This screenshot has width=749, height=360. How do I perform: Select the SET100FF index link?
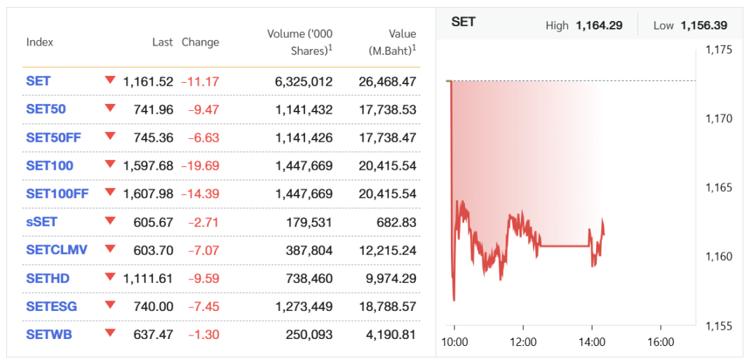[58, 194]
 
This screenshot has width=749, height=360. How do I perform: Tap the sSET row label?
[41, 222]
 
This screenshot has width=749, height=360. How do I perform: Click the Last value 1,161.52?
[148, 81]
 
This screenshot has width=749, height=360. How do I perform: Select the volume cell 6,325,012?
[303, 81]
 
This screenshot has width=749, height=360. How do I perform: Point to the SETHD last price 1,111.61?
[148, 279]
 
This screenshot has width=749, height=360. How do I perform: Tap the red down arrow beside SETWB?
[109, 333]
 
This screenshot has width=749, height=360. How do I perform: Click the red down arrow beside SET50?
[109, 108]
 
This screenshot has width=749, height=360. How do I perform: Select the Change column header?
[201, 42]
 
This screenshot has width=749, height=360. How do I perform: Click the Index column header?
[40, 42]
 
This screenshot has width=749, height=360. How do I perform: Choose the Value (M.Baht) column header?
[392, 42]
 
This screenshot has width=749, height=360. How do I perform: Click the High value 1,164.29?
[599, 26]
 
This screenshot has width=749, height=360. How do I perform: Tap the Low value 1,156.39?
[703, 26]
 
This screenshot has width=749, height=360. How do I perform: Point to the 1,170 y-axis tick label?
[718, 119]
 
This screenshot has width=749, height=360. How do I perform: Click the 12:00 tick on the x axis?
[523, 342]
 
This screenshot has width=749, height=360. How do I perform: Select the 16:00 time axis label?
[660, 342]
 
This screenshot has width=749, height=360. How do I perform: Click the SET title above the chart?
[464, 22]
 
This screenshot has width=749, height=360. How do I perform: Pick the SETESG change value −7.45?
[203, 307]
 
